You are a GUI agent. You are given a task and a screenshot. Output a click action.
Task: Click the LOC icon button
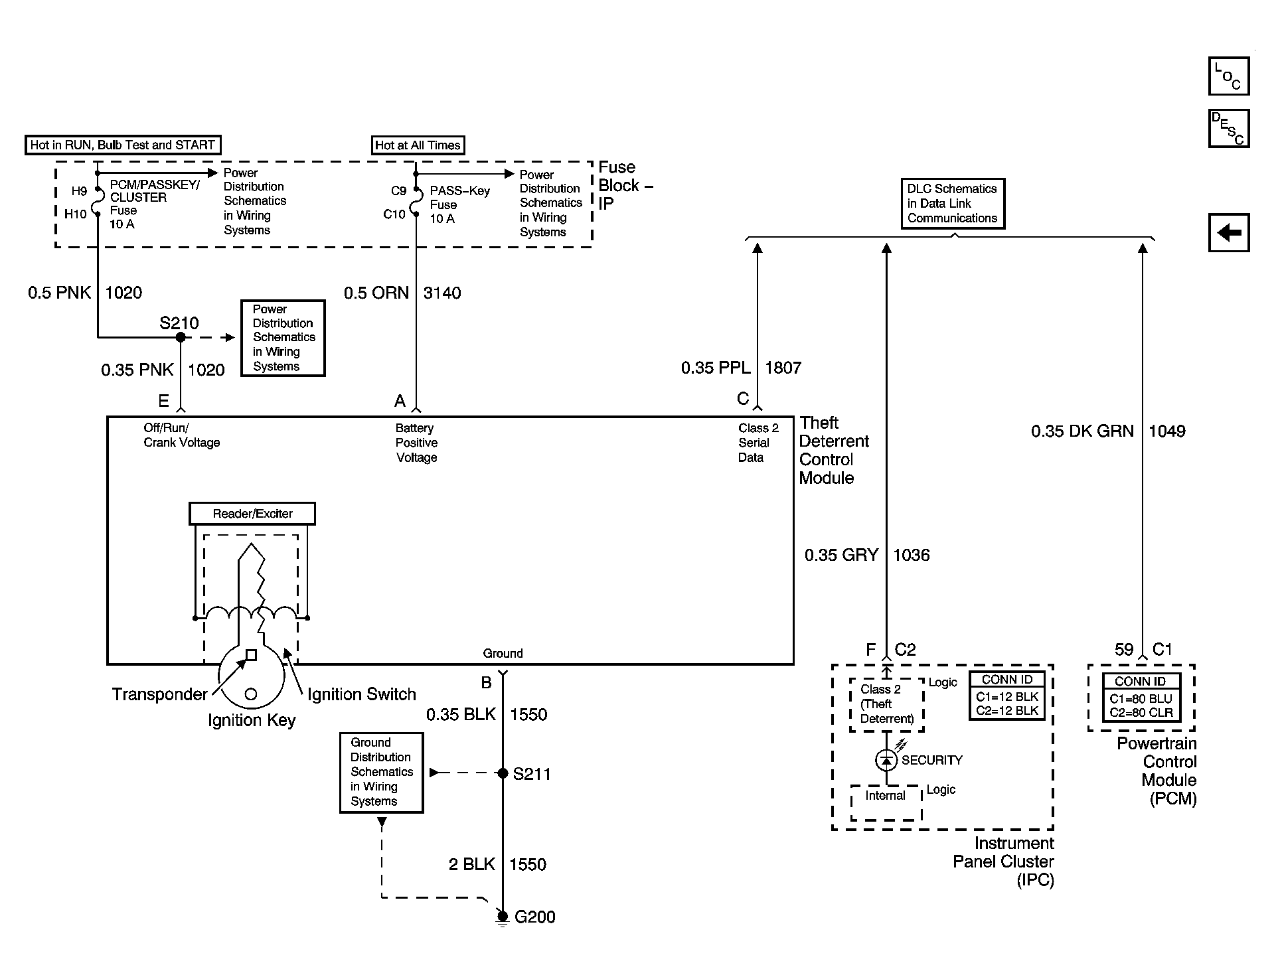pyautogui.click(x=1229, y=76)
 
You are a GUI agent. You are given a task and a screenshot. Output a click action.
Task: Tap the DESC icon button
pyautogui.click(x=1229, y=128)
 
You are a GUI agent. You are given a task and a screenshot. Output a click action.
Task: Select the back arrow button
pyautogui.click(x=1229, y=233)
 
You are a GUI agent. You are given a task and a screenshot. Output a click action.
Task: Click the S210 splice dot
pyautogui.click(x=181, y=337)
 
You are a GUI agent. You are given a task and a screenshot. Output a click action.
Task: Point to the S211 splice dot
pyautogui.click(x=503, y=773)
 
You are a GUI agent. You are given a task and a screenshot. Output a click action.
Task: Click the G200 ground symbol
pyautogui.click(x=503, y=918)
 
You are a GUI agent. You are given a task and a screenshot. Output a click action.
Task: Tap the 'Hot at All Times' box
pyautogui.click(x=418, y=145)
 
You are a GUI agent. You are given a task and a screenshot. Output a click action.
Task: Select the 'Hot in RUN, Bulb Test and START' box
pyautogui.click(x=123, y=145)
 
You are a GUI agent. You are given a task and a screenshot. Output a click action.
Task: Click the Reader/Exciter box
pyautogui.click(x=252, y=514)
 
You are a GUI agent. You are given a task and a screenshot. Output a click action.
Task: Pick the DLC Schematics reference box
pyautogui.click(x=953, y=204)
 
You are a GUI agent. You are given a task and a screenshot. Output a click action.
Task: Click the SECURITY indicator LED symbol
pyautogui.click(x=886, y=759)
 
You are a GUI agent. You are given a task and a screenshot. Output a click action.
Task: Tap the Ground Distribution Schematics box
pyautogui.click(x=381, y=773)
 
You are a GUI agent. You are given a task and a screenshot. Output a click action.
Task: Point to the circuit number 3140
pyautogui.click(x=442, y=293)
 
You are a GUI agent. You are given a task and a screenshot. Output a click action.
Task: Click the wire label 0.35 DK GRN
pyautogui.click(x=1082, y=431)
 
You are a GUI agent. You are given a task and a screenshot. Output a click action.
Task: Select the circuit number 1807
pyautogui.click(x=783, y=368)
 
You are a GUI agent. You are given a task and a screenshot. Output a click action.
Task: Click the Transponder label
pyautogui.click(x=160, y=695)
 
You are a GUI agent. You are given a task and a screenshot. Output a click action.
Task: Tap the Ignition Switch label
pyautogui.click(x=362, y=695)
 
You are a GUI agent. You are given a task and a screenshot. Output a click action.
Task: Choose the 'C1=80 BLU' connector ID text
pyautogui.click(x=1141, y=699)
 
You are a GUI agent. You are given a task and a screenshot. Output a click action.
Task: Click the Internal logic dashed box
pyautogui.click(x=886, y=803)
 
